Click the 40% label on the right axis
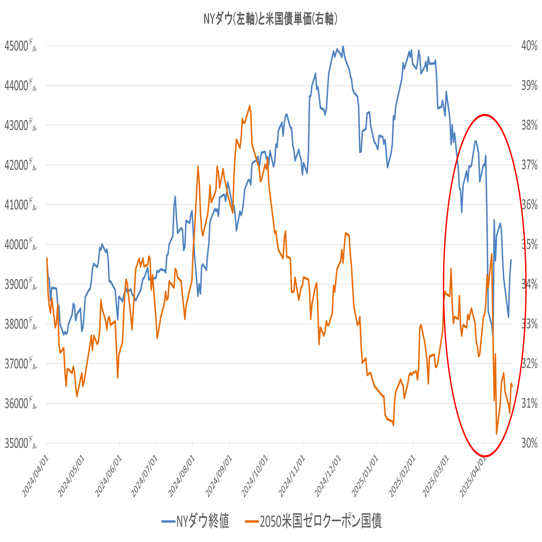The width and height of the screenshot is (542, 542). (529, 46)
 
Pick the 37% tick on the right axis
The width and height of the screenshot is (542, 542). (529, 165)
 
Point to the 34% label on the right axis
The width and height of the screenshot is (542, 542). (529, 285)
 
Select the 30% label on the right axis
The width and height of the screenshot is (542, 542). (529, 444)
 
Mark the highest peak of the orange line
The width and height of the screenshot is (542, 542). (249, 106)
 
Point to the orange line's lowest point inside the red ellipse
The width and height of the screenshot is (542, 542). (496, 434)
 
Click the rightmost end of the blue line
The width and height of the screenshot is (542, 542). (511, 260)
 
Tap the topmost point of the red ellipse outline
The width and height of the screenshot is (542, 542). (485, 114)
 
